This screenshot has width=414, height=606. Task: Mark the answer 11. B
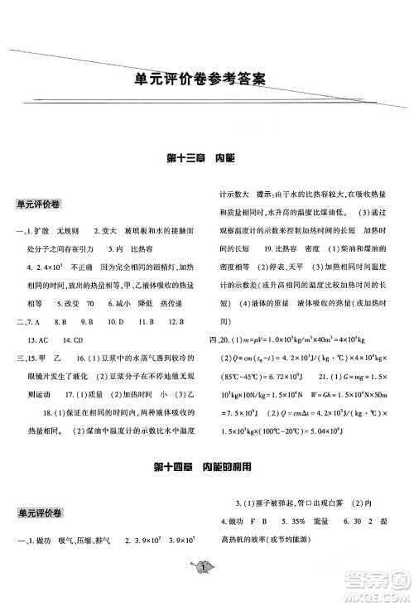[147, 322]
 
